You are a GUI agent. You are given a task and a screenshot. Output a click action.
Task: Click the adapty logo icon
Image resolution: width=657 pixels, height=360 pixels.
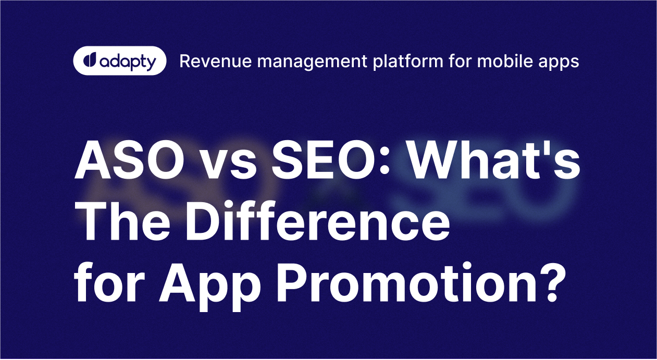tap(89, 60)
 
